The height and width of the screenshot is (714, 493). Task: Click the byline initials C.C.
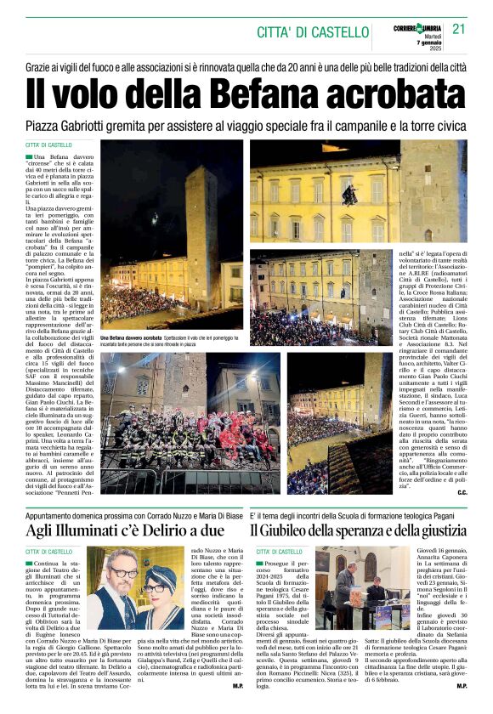[x=462, y=492]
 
